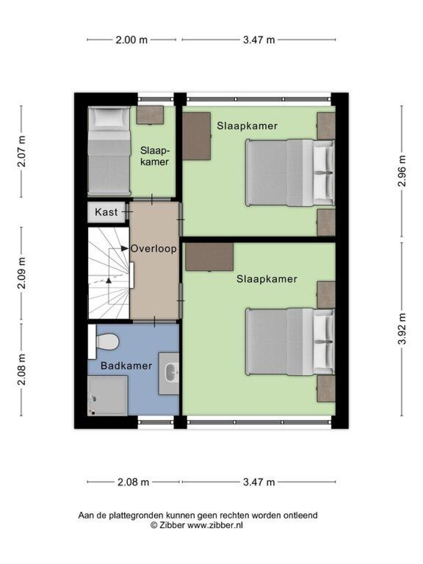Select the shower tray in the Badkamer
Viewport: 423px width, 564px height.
click(x=107, y=395)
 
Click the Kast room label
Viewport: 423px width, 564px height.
click(x=106, y=212)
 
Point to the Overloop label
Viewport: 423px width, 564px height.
click(x=154, y=249)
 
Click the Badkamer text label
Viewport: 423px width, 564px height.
click(x=126, y=366)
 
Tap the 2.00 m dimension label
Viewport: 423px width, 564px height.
click(x=131, y=40)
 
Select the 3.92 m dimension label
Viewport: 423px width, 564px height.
click(x=402, y=329)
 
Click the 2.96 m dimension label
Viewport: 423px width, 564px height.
click(x=402, y=171)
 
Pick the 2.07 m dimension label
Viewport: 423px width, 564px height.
click(x=22, y=151)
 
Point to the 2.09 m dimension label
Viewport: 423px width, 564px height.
click(x=22, y=273)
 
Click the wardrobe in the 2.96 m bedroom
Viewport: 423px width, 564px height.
click(x=196, y=136)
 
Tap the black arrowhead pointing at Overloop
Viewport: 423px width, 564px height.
click(x=124, y=248)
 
